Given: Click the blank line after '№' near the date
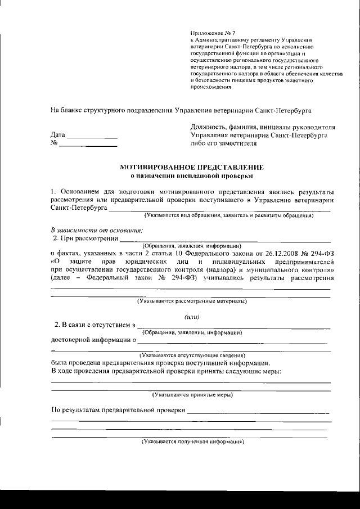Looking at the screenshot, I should (88, 146).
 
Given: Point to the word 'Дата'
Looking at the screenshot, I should (58, 136).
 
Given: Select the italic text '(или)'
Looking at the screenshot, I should (192, 317).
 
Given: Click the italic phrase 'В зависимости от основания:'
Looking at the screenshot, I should (97, 229).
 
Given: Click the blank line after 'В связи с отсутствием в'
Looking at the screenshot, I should (233, 327).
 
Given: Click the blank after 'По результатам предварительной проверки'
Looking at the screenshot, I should (259, 413).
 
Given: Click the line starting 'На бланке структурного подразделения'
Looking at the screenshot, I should (181, 110).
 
